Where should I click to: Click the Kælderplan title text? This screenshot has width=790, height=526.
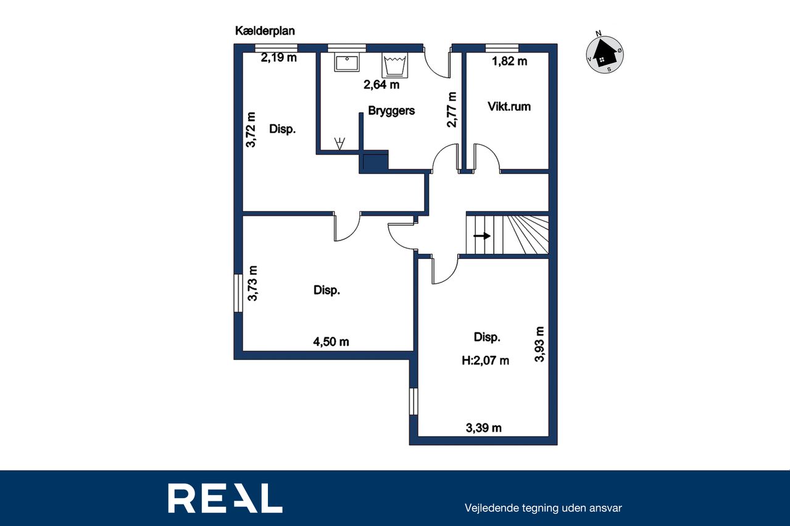(x=265, y=31)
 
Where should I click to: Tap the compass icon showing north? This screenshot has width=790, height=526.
(x=604, y=54)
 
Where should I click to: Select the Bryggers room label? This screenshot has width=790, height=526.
(x=391, y=110)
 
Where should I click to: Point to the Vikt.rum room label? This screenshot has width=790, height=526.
(x=509, y=107)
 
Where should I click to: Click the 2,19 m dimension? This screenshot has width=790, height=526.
(x=278, y=57)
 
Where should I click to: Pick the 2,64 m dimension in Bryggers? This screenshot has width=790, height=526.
(x=381, y=84)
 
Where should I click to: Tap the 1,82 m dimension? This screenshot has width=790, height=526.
(x=509, y=61)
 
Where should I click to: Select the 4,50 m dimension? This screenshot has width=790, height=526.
(x=331, y=342)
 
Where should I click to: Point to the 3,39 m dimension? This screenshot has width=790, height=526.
(x=483, y=428)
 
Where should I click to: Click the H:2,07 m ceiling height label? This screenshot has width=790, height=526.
(x=485, y=360)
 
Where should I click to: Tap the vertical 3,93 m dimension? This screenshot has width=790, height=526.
(x=539, y=344)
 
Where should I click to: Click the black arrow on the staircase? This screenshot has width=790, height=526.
(x=482, y=236)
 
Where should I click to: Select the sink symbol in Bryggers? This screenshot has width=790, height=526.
(x=347, y=63)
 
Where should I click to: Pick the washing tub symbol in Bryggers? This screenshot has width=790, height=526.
(x=394, y=65)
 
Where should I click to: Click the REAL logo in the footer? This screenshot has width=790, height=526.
(x=225, y=498)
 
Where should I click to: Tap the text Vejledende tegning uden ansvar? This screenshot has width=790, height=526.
(x=543, y=508)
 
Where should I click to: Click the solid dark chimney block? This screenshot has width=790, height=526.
(x=376, y=162)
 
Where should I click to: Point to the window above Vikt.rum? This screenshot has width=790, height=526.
(x=502, y=48)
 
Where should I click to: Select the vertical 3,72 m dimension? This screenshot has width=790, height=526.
(x=251, y=129)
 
